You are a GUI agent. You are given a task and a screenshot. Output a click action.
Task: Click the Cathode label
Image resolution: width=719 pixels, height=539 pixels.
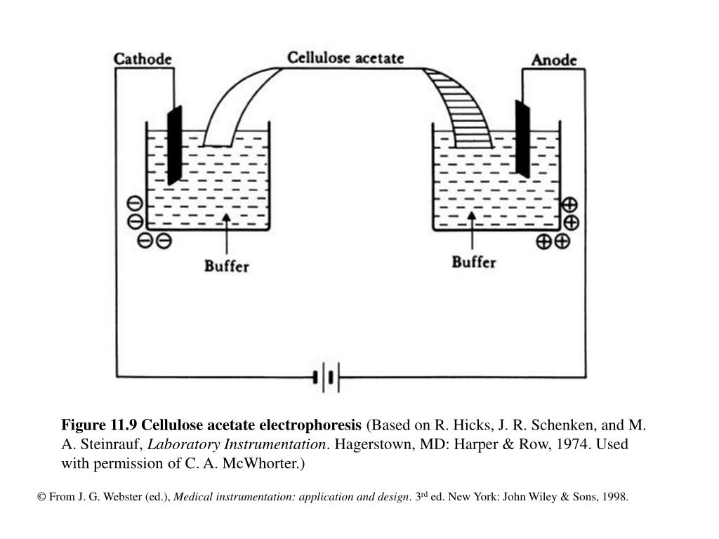[x=143, y=59]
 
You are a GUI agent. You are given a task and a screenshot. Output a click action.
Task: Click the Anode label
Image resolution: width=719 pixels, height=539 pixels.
[x=554, y=60]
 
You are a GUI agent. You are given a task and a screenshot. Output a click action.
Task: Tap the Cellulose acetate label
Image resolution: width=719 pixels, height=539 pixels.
[x=345, y=58]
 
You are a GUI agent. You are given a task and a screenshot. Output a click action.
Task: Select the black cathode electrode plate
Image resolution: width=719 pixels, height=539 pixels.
[x=175, y=145]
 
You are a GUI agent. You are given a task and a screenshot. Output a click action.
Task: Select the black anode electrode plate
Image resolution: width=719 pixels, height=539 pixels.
[x=522, y=139]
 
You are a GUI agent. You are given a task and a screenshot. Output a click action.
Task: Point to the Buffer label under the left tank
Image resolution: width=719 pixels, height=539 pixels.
[x=227, y=266]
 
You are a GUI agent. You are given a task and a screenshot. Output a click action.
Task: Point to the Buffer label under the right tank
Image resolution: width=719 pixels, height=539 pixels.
[x=474, y=262]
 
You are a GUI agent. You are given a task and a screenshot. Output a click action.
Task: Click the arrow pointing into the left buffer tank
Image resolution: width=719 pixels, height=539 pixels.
[x=227, y=234]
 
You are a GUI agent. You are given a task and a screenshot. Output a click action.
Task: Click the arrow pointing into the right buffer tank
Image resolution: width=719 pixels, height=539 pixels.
[x=472, y=230]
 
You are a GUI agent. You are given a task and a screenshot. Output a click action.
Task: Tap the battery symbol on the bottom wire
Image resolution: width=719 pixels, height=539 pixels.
[x=326, y=378]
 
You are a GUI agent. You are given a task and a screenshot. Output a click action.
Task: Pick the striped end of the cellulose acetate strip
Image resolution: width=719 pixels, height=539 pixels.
[x=459, y=108]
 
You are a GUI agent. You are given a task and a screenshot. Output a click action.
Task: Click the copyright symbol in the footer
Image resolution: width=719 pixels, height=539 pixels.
[x=41, y=498]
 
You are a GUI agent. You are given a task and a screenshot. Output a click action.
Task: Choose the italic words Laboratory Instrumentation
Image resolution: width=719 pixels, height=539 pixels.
[x=237, y=444]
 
